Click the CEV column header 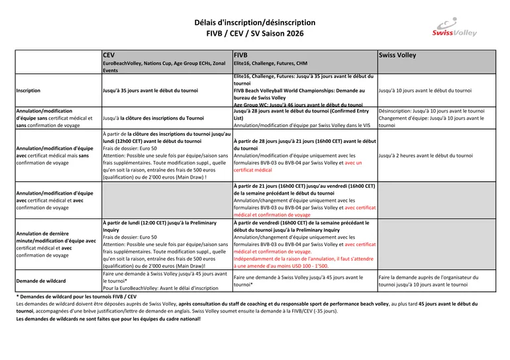pyautogui.click(x=109, y=55)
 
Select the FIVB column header pyautogui.click(x=240, y=55)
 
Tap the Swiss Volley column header pyautogui.click(x=397, y=55)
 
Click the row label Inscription pyautogui.click(x=28, y=90)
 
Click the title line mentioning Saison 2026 pyautogui.click(x=255, y=33)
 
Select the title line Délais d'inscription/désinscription pyautogui.click(x=255, y=22)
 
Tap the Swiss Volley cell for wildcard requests pyautogui.click(x=433, y=281)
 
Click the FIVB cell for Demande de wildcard pyautogui.click(x=299, y=281)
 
